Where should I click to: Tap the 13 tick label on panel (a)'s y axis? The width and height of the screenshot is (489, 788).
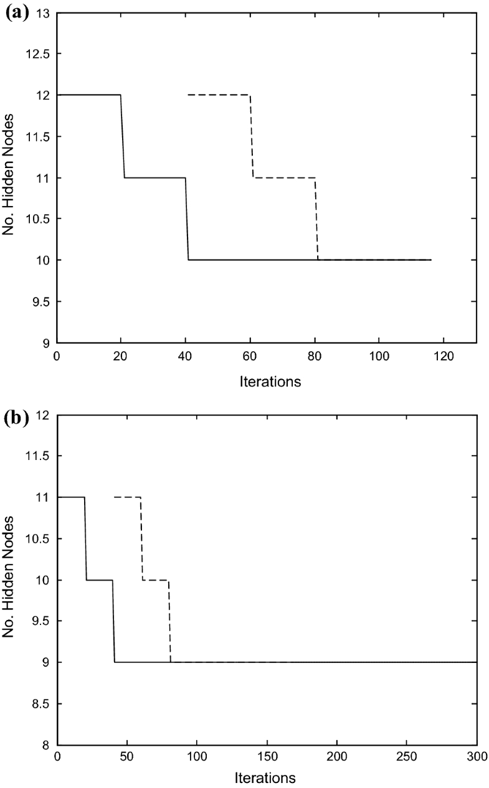pos(44,12)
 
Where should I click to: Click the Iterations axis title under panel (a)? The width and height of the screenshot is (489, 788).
pos(270,382)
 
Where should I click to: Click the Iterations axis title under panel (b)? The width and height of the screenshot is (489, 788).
pos(266,777)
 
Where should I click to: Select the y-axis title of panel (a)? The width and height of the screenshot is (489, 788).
pos(9,177)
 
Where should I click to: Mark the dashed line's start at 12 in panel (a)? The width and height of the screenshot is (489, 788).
pos(188,95)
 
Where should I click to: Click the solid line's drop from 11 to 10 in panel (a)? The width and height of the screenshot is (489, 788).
pos(187,218)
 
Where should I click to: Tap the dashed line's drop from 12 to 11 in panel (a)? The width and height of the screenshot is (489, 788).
pos(252,136)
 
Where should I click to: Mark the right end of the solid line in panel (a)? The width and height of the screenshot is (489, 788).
pos(431,260)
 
